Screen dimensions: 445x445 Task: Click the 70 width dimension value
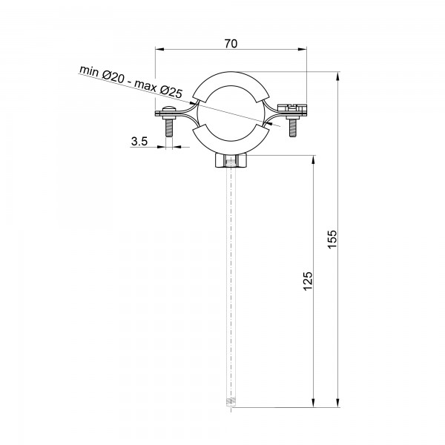[x=231, y=44]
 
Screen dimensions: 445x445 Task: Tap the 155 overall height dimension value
[x=332, y=240]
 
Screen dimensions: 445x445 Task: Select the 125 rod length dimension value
[x=308, y=281]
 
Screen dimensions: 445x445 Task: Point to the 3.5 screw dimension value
[x=139, y=141]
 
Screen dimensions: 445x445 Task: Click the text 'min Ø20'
[x=102, y=73]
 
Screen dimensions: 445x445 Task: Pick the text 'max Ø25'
[x=159, y=88]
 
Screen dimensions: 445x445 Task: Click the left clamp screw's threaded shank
[x=169, y=127]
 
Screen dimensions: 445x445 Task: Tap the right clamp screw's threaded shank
[x=293, y=128]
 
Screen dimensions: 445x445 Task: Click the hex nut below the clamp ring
[x=231, y=161]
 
